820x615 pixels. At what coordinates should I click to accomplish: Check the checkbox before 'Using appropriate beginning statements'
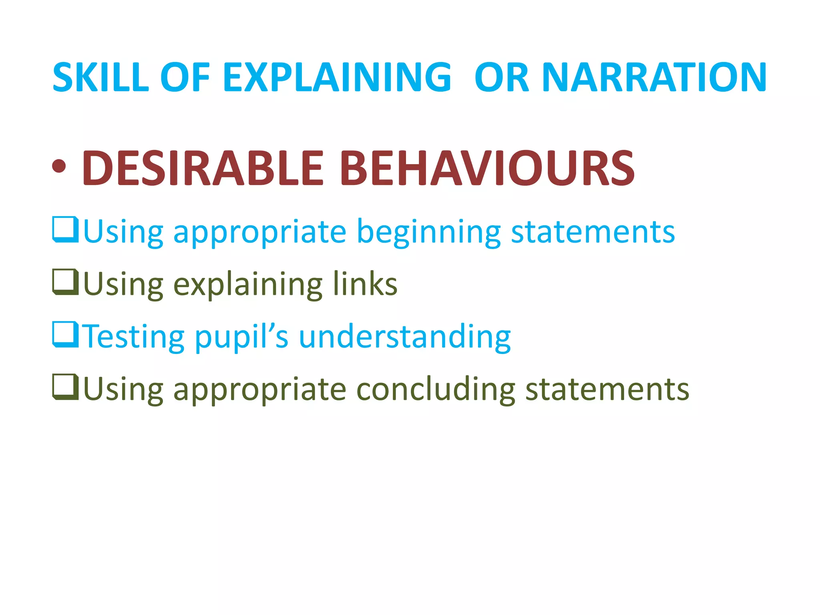click(x=65, y=229)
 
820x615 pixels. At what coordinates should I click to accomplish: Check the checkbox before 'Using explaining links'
click(x=65, y=282)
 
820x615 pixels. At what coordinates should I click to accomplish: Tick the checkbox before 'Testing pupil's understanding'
click(x=65, y=335)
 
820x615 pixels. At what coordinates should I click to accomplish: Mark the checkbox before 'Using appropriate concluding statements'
click(x=65, y=387)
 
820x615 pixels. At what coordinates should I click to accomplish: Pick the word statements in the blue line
click(x=593, y=232)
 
